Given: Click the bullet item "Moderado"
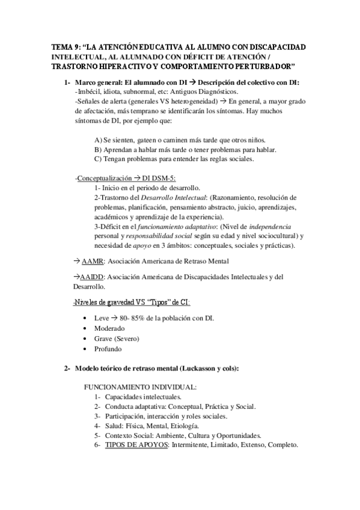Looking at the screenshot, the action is coord(109,329).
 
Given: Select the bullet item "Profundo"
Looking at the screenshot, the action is coord(109,349).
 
